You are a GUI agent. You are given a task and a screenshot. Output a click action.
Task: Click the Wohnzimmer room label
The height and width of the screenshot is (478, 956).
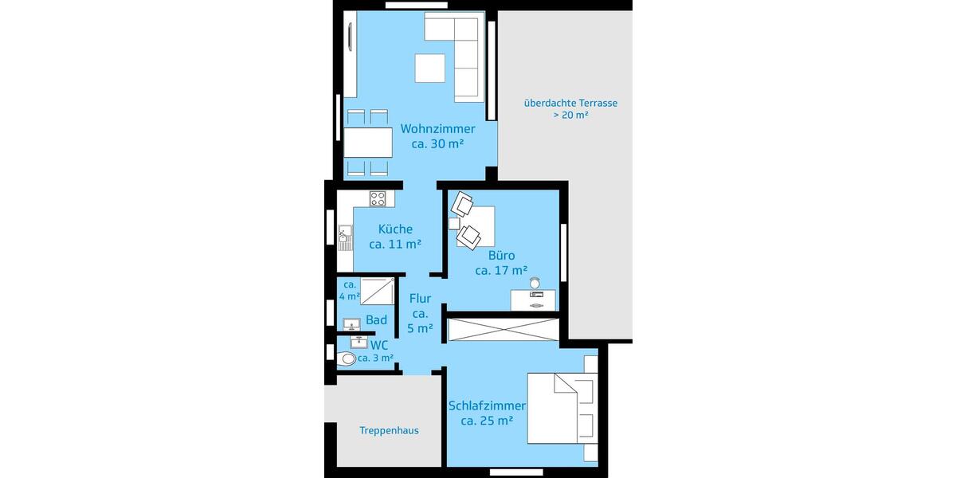tap(437, 129)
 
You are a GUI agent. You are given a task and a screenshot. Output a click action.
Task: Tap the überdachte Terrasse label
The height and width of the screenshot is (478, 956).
tap(570, 103)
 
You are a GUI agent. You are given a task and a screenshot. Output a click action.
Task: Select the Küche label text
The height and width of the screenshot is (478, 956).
tap(395, 229)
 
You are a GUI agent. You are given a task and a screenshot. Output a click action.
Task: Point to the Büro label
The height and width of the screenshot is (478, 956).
tap(502, 256)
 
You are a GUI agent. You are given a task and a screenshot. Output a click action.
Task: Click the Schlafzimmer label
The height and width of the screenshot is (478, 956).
tap(487, 406)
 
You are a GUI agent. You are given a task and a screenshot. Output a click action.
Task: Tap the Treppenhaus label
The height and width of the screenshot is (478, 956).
tap(389, 430)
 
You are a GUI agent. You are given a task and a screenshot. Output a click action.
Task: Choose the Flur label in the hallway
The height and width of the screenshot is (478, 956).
tap(420, 299)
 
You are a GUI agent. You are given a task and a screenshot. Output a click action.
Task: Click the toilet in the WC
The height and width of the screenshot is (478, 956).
tap(347, 359)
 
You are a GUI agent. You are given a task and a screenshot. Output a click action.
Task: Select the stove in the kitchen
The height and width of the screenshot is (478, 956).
tap(378, 198)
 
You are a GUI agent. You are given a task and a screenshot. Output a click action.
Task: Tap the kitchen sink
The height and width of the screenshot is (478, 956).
tap(345, 234)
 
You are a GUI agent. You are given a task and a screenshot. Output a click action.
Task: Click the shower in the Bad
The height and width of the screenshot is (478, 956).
tap(378, 292)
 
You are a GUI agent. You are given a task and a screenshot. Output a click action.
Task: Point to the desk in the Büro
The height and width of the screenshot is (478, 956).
tap(533, 299)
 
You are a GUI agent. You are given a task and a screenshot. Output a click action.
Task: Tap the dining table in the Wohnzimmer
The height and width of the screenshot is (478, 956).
tap(368, 143)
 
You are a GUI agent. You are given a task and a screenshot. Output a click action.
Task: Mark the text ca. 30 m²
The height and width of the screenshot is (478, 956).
tap(437, 144)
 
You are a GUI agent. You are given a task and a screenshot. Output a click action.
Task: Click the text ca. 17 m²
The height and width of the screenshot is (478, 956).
tap(501, 271)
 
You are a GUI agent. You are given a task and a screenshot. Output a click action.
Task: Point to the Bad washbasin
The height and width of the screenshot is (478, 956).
tap(351, 323)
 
